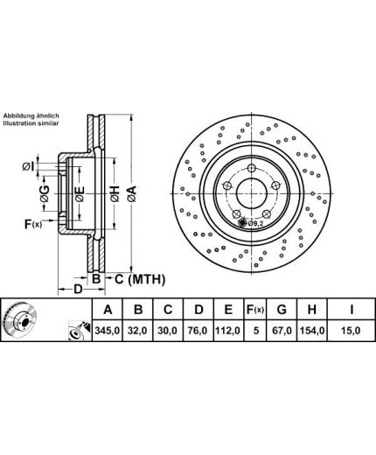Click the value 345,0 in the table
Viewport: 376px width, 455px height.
tap(108, 331)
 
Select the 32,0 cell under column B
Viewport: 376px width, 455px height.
tap(137, 331)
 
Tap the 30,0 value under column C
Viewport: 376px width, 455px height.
tap(168, 331)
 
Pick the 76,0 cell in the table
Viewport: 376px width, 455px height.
tap(198, 331)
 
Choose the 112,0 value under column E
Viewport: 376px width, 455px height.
tap(228, 331)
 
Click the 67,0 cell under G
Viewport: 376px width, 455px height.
tap(282, 331)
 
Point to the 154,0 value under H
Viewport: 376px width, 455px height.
tap(312, 331)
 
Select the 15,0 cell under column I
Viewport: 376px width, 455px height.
tap(352, 331)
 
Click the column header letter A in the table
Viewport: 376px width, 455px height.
tap(108, 310)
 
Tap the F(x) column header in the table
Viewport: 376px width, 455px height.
tap(255, 310)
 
